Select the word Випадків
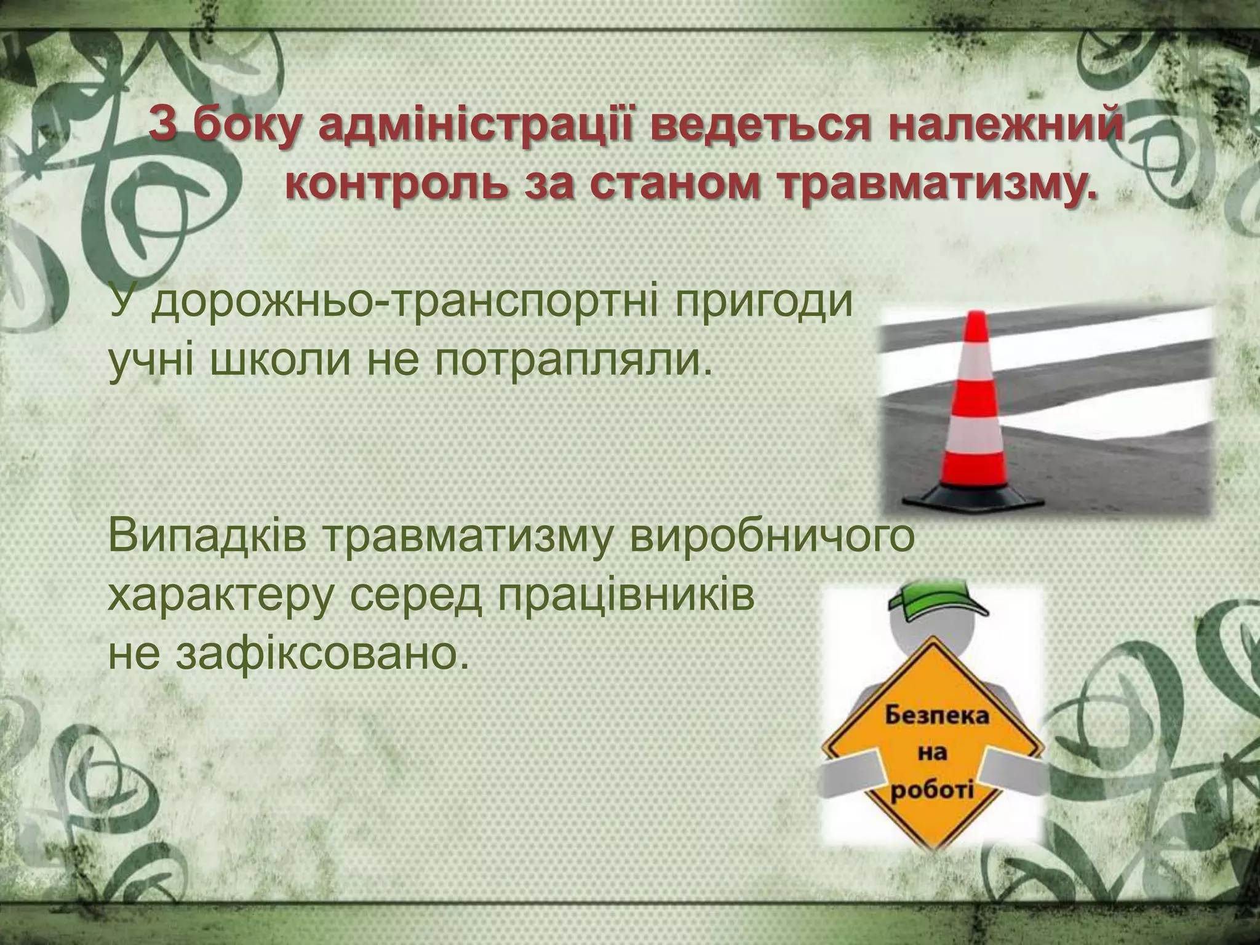click(207, 536)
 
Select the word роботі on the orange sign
click(932, 787)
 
